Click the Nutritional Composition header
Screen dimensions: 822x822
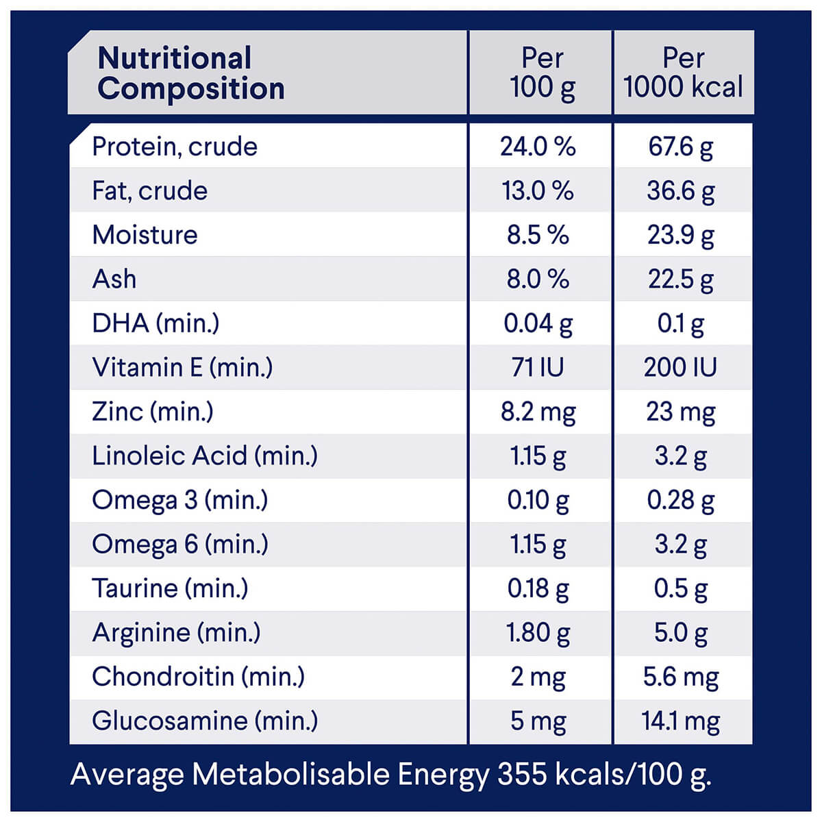tap(190, 73)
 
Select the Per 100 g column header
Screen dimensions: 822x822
tap(542, 73)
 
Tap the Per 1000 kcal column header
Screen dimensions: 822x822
tap(683, 73)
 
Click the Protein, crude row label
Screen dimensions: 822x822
tap(175, 147)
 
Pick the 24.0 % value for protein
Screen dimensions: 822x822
tap(538, 147)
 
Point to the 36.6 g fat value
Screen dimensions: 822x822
tap(680, 191)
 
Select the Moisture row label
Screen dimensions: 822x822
tap(145, 235)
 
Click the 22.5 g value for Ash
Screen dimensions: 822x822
tap(680, 279)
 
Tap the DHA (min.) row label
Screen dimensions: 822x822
tap(155, 323)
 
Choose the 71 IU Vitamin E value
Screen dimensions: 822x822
tap(538, 368)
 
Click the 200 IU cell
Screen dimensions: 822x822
tap(680, 368)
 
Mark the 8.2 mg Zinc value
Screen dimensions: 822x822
tap(538, 412)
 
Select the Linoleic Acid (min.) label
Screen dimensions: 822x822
tap(205, 456)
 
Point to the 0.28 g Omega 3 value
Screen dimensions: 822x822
tap(680, 500)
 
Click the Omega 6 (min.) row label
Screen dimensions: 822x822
tap(180, 545)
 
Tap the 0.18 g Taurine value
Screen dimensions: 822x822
tap(538, 588)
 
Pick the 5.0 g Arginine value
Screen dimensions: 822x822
tap(680, 633)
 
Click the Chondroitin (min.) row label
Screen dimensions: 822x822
tap(198, 677)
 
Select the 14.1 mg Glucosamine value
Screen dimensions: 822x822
tap(680, 721)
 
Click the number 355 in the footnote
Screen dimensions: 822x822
tap(522, 775)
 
